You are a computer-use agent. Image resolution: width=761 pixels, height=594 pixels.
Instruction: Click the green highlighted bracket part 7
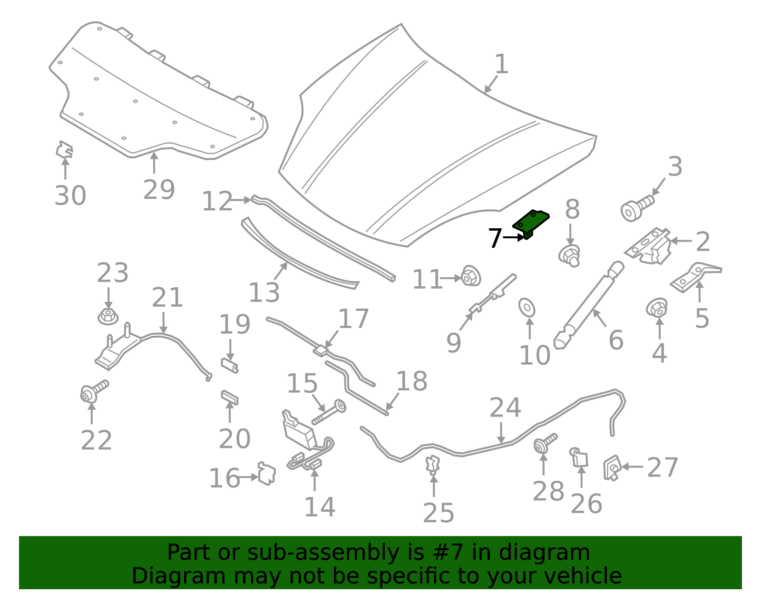coord(530,224)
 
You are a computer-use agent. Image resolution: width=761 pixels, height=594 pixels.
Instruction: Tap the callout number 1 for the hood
coord(501,64)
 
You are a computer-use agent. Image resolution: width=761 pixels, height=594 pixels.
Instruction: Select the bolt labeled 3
coord(637,208)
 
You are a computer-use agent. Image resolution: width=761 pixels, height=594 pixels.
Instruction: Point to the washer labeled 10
coord(527,307)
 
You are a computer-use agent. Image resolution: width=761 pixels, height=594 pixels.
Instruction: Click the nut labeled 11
coord(471,276)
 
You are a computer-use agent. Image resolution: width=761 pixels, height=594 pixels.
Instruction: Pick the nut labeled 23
coord(108,316)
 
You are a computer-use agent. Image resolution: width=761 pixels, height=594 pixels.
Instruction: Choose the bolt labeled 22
coord(94,391)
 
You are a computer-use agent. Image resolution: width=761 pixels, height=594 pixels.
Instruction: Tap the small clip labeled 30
coord(64,150)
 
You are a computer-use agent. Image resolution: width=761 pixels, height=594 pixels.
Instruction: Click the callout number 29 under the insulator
coord(159,189)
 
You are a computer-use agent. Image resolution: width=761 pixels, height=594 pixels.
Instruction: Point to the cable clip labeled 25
coord(433,465)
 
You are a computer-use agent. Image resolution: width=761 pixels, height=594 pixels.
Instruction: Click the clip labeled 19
coord(230,365)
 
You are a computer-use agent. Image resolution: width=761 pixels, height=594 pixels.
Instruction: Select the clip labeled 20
coord(230,397)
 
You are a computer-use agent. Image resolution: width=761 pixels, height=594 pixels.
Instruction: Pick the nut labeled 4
coord(657,308)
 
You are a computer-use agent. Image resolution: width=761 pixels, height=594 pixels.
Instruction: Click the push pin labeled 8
coord(569,255)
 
